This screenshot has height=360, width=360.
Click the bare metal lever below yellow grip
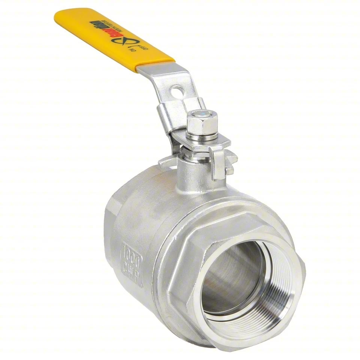click(x=165, y=77)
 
